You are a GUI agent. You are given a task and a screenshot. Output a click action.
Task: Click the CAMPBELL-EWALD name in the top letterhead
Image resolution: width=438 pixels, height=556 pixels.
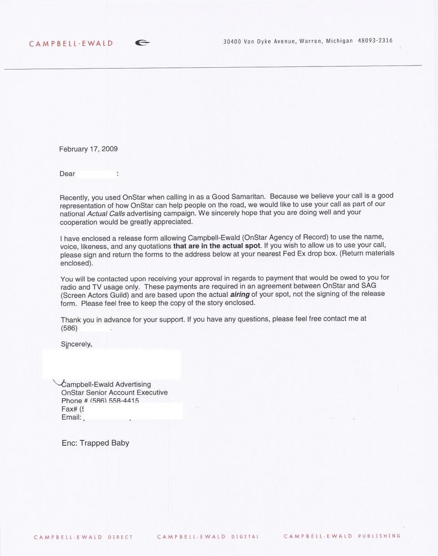[x=71, y=43]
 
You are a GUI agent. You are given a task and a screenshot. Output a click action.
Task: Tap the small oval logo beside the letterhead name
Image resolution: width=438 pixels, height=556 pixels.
[x=142, y=43]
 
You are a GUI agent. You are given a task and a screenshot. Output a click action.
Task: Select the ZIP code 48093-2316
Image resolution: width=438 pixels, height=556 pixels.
[x=375, y=41]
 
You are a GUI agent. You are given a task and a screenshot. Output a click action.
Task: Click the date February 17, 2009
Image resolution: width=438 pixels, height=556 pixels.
[x=88, y=149]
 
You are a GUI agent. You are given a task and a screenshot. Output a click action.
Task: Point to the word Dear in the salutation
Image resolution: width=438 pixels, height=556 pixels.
[x=67, y=174]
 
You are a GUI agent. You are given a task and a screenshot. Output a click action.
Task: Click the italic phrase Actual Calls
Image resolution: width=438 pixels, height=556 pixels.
[x=106, y=213]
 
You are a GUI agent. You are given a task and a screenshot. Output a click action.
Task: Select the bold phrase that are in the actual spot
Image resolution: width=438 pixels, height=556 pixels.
[x=217, y=246]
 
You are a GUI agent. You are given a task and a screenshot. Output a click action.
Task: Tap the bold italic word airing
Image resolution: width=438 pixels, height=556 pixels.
[x=239, y=295]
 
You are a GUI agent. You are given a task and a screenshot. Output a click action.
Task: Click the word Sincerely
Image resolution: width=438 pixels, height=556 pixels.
[x=76, y=344]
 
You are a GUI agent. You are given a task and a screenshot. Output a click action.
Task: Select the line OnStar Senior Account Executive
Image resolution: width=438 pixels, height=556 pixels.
[x=114, y=392]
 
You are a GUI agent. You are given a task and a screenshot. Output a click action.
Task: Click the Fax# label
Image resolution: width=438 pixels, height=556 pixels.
[x=69, y=409]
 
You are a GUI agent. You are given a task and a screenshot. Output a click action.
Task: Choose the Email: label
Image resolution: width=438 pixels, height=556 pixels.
[x=71, y=417]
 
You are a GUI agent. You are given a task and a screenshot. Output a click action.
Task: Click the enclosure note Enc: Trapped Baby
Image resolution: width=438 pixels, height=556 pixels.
[x=95, y=443]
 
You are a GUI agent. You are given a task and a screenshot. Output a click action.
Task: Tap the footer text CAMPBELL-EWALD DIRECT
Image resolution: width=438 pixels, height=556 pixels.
[x=83, y=537]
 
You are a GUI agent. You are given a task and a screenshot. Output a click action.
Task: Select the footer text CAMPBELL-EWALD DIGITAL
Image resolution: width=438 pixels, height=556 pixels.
[x=208, y=537]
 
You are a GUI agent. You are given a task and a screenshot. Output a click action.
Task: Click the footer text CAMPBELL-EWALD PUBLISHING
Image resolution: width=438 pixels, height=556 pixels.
[x=342, y=536]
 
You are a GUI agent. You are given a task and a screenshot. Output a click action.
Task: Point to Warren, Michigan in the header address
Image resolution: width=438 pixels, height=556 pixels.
[x=326, y=41]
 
